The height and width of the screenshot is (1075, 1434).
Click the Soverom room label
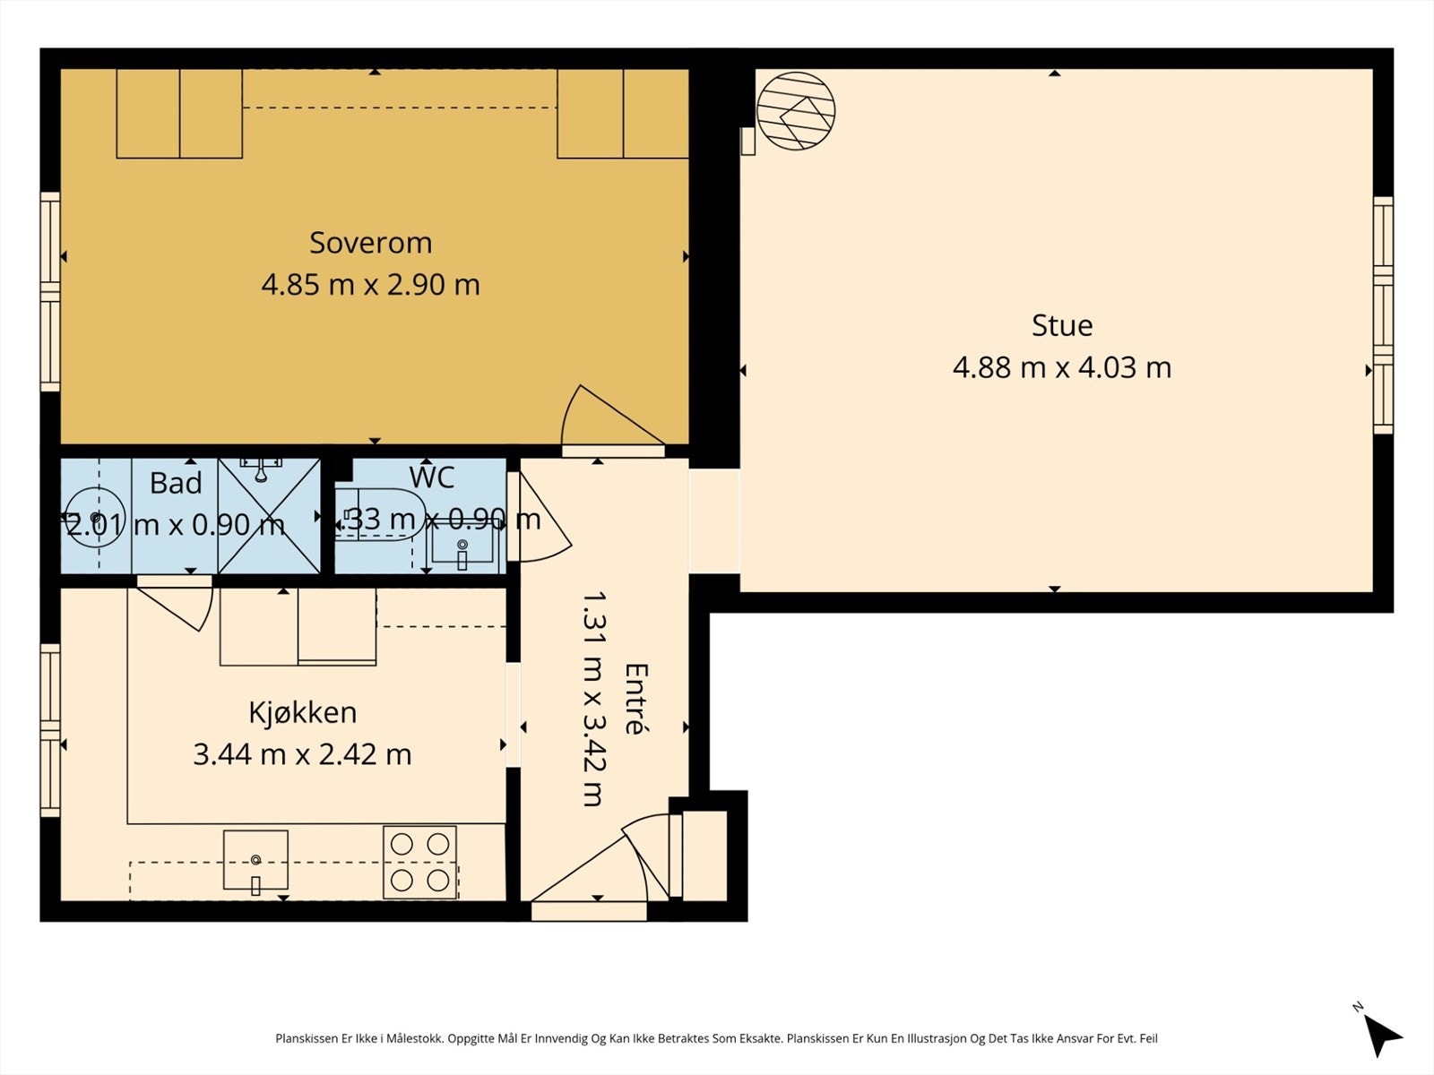coord(370,243)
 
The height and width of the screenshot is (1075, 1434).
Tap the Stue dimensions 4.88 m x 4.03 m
coord(1061,367)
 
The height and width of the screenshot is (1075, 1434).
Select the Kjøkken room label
coord(302,712)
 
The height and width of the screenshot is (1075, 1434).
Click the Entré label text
coord(635,698)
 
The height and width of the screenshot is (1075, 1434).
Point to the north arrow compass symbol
coord(1381,1034)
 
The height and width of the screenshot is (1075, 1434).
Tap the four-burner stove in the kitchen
coord(419,862)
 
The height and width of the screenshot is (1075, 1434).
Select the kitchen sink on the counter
coord(255,861)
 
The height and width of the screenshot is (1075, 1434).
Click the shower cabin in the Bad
coord(269,516)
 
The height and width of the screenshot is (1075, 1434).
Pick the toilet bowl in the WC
coord(381,514)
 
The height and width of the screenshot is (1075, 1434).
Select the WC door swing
coord(543,520)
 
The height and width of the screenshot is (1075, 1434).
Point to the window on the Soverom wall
coord(50,291)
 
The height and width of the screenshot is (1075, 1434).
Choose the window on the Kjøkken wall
coord(50,730)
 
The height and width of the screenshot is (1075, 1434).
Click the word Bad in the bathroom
coord(176,484)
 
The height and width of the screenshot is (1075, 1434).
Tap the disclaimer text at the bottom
coord(716,1039)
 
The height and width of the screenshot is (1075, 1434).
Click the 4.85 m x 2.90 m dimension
coord(370,285)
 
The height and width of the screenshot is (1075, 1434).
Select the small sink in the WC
coord(462,546)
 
